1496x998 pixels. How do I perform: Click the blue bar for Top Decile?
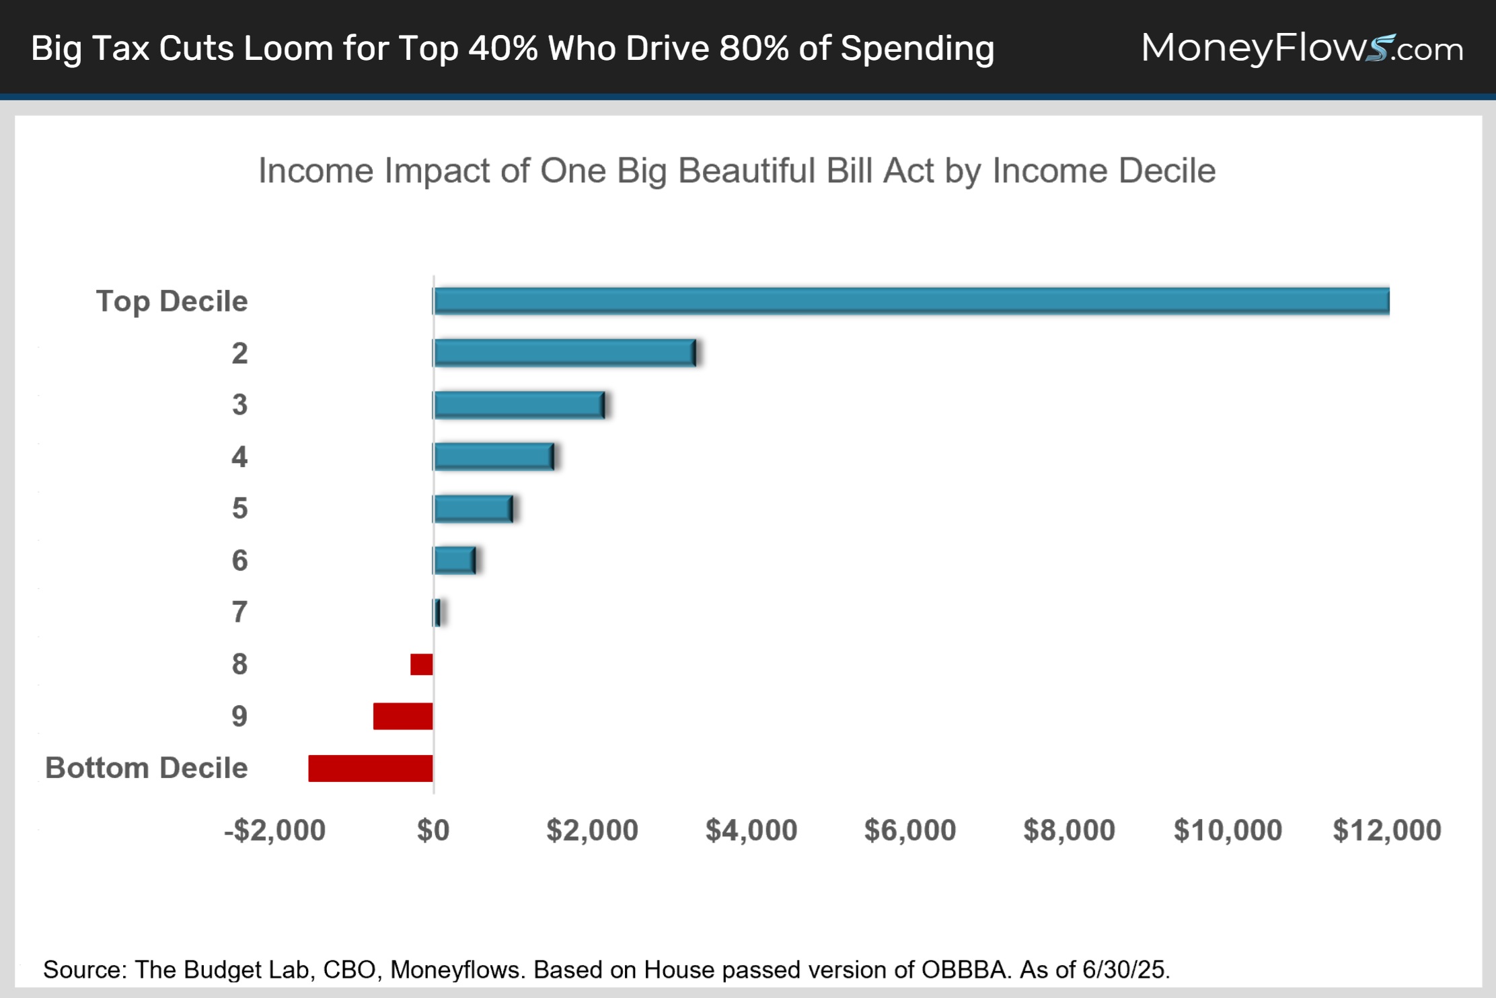[911, 301]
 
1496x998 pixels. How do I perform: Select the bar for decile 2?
[564, 353]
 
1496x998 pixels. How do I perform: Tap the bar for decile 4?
[494, 457]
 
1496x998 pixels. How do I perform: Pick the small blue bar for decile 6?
[455, 561]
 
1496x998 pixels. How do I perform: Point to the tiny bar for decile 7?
[437, 612]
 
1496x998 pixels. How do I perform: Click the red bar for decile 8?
[422, 664]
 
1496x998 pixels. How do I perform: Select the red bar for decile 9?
[403, 716]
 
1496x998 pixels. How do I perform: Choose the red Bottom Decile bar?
[371, 769]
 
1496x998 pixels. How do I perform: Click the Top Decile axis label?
[172, 301]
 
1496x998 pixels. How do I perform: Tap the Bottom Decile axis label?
[147, 768]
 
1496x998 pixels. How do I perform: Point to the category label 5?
[239, 509]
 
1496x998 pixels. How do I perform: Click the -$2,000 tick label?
[274, 830]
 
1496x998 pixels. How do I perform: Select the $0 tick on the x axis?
[433, 830]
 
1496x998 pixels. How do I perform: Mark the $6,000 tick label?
[910, 830]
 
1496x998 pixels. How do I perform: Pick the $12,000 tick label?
[1387, 830]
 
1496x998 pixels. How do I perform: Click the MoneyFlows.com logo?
[1302, 48]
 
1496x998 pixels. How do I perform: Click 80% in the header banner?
[753, 48]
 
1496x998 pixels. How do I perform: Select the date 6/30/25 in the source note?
[1126, 970]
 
